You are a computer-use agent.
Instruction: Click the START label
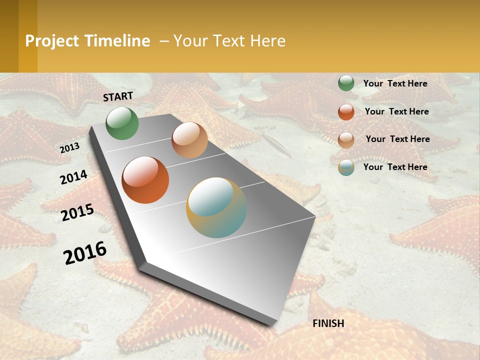tap(118, 96)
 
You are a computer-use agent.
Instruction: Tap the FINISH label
tap(328, 323)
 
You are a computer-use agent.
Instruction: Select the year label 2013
tap(69, 147)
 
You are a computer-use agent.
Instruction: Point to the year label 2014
tap(73, 177)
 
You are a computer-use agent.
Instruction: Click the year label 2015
tap(77, 212)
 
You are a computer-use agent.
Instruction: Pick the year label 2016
tap(85, 253)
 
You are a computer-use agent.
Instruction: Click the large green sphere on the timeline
tap(122, 123)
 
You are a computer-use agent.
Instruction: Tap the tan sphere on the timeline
tap(189, 140)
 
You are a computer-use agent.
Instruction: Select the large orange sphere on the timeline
tap(145, 180)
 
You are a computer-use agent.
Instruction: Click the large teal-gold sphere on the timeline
tap(216, 207)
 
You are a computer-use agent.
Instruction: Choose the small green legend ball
tap(346, 83)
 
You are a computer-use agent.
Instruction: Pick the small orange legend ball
tap(346, 112)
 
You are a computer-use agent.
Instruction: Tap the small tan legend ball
tap(346, 140)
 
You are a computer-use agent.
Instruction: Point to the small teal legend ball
tap(346, 167)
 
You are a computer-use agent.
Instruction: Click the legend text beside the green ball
tap(395, 83)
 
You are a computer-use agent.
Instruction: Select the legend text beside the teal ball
tap(395, 167)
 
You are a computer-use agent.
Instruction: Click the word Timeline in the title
tap(117, 41)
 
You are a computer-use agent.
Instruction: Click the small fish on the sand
tap(275, 144)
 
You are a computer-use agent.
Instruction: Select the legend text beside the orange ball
tap(396, 111)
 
